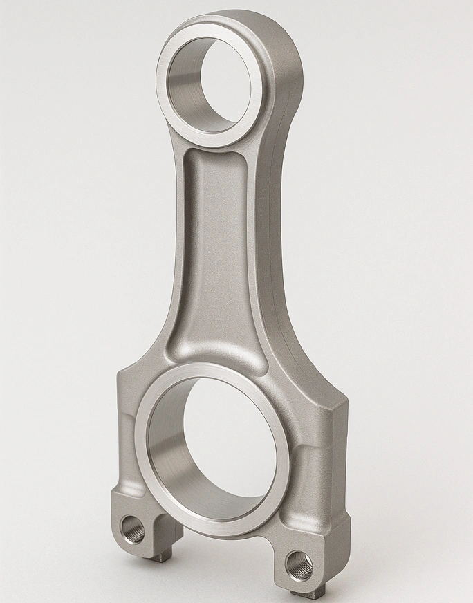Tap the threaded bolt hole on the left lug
(133, 530)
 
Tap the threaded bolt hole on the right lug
(299, 565)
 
